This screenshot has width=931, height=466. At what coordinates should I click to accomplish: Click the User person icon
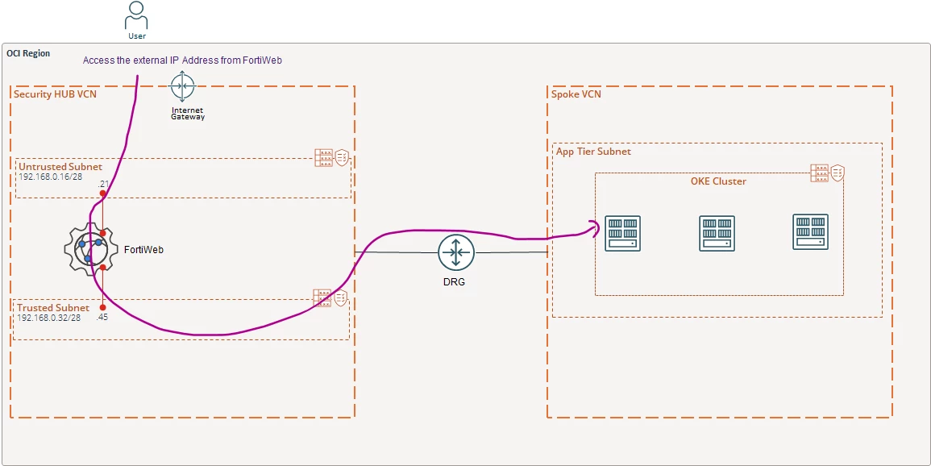pyautogui.click(x=136, y=15)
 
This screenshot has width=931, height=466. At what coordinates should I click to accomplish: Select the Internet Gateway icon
pyautogui.click(x=182, y=86)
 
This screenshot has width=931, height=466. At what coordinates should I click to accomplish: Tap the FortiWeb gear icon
pyautogui.click(x=90, y=250)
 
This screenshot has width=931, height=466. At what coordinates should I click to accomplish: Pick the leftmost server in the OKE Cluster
pyautogui.click(x=622, y=233)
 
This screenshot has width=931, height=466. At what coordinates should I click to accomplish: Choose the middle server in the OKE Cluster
pyautogui.click(x=717, y=233)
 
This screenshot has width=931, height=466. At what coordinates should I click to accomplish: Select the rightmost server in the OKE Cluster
pyautogui.click(x=810, y=232)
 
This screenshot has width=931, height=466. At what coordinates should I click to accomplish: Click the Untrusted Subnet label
pyautogui.click(x=60, y=167)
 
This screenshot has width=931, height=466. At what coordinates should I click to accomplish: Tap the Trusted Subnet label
pyautogui.click(x=53, y=307)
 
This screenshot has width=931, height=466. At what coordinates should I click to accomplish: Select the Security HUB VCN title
pyautogui.click(x=56, y=94)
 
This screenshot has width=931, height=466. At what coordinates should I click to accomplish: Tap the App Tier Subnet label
pyautogui.click(x=593, y=152)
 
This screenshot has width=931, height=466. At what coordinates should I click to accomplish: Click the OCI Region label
pyautogui.click(x=28, y=53)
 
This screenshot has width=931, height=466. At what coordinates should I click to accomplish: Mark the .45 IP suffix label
pyautogui.click(x=102, y=318)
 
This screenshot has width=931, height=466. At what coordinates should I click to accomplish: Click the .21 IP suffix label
pyautogui.click(x=102, y=184)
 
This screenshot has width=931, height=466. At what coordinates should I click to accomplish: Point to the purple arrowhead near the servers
pyautogui.click(x=594, y=228)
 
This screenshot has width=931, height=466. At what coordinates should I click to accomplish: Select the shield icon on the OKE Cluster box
pyautogui.click(x=837, y=173)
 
